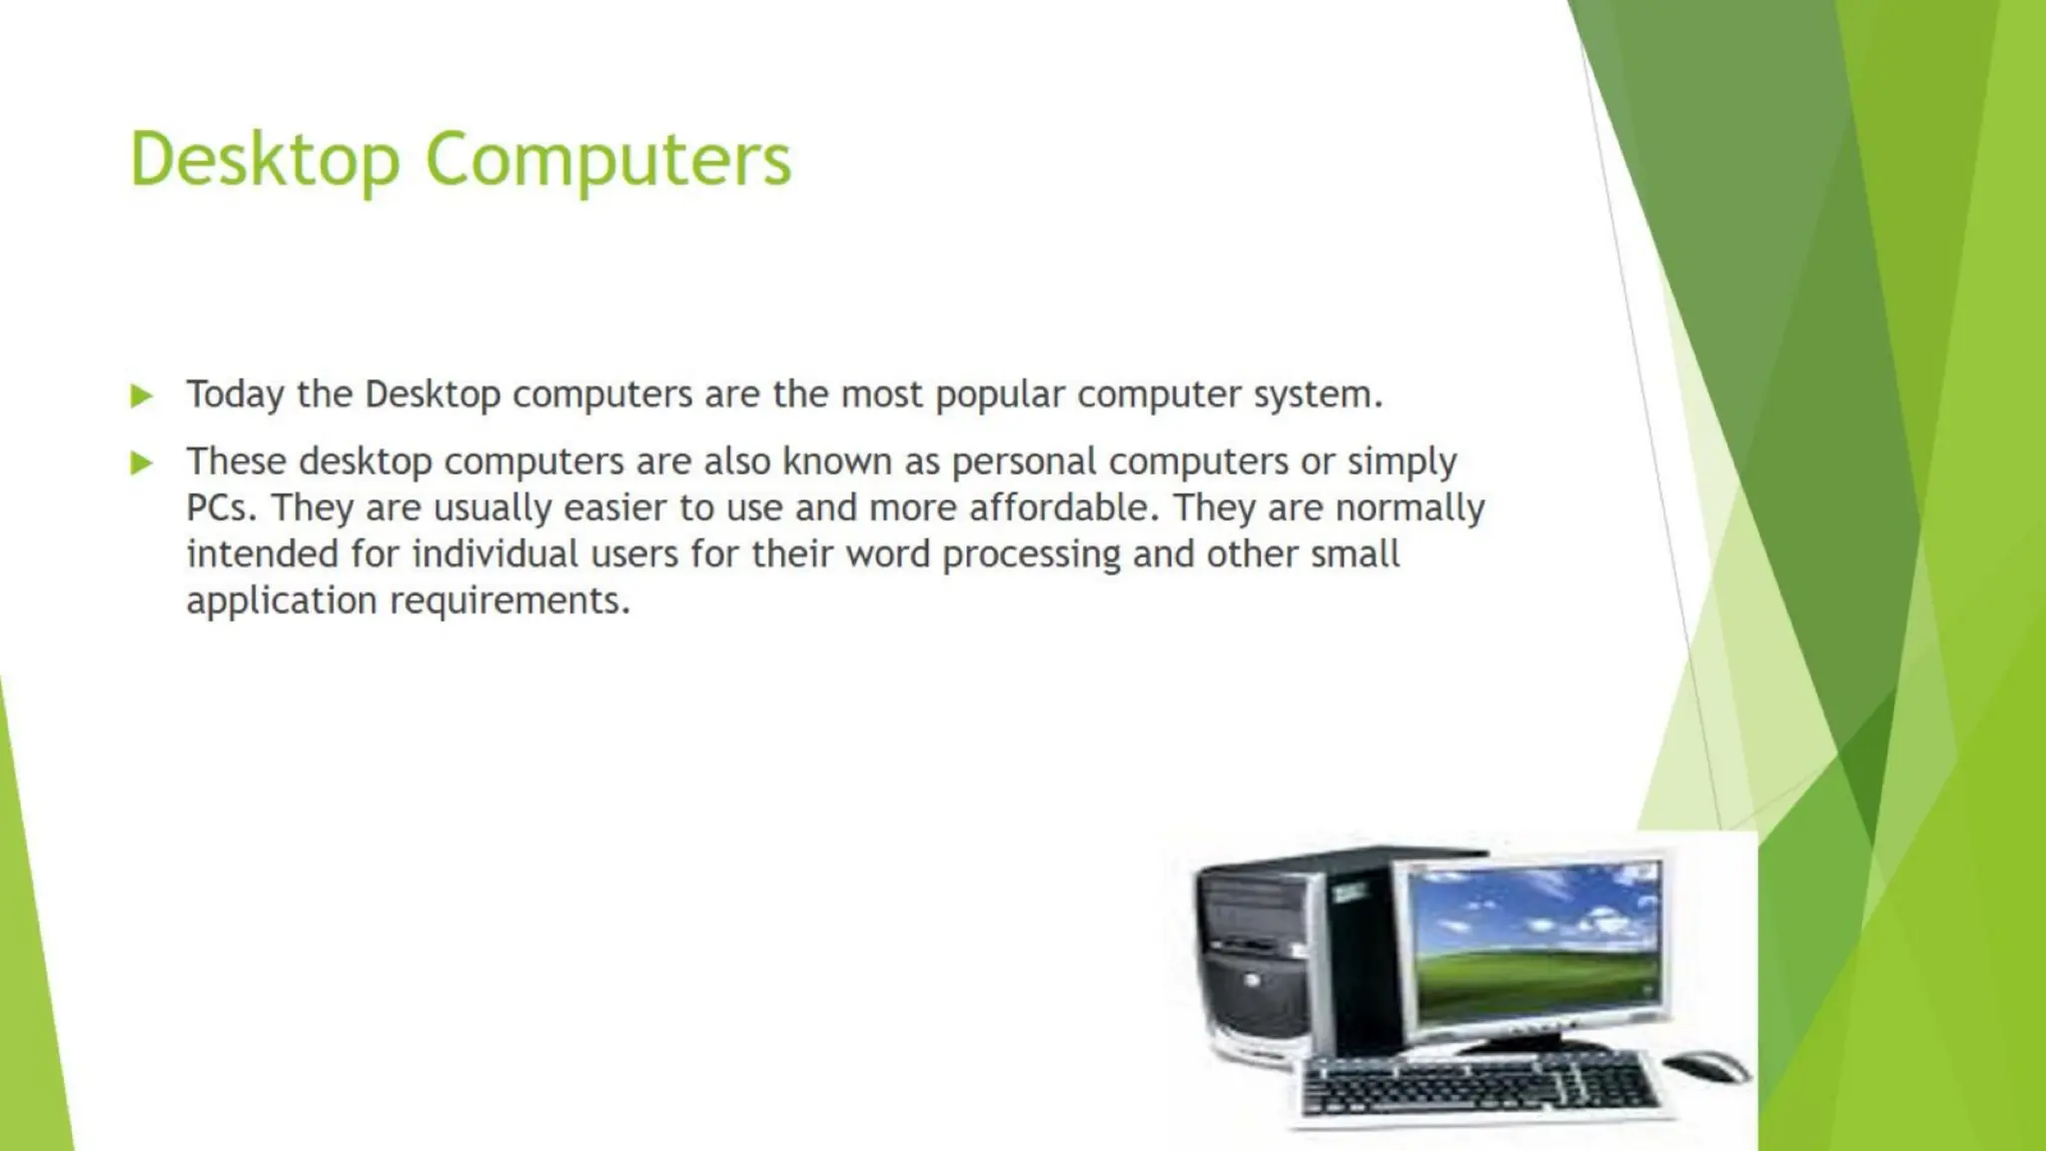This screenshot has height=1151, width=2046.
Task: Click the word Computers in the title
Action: (608, 160)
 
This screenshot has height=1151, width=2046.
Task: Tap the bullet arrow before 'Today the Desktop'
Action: (142, 397)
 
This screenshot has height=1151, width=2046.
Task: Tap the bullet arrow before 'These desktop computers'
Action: (142, 463)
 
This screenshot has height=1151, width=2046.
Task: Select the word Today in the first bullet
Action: (235, 395)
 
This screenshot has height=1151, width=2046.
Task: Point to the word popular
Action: (1000, 396)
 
